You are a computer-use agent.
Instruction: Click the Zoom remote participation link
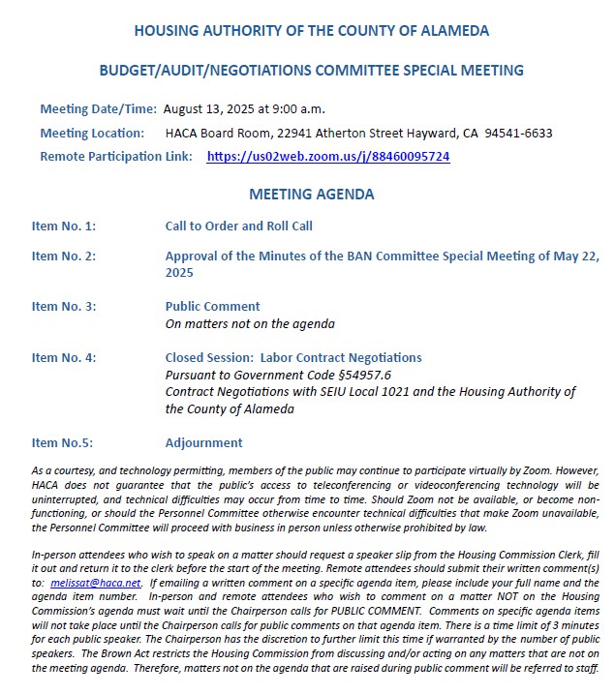point(327,157)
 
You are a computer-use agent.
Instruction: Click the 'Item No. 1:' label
point(64,226)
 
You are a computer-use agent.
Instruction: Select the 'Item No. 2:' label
point(64,256)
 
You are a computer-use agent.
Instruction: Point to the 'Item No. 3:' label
point(64,307)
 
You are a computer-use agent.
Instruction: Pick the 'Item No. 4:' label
point(64,358)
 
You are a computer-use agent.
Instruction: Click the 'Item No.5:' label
point(62,443)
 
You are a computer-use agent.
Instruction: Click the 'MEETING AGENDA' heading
point(311,195)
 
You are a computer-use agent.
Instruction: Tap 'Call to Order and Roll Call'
point(238,226)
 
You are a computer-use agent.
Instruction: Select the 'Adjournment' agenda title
point(203,443)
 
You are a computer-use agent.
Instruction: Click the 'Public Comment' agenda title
point(212,307)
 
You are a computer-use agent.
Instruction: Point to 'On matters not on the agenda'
point(250,324)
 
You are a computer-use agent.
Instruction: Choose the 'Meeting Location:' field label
point(92,134)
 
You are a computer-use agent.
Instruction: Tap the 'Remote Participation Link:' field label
point(116,157)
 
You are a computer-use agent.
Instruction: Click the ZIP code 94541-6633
point(518,134)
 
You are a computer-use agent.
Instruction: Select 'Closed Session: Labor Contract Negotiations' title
point(293,358)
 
